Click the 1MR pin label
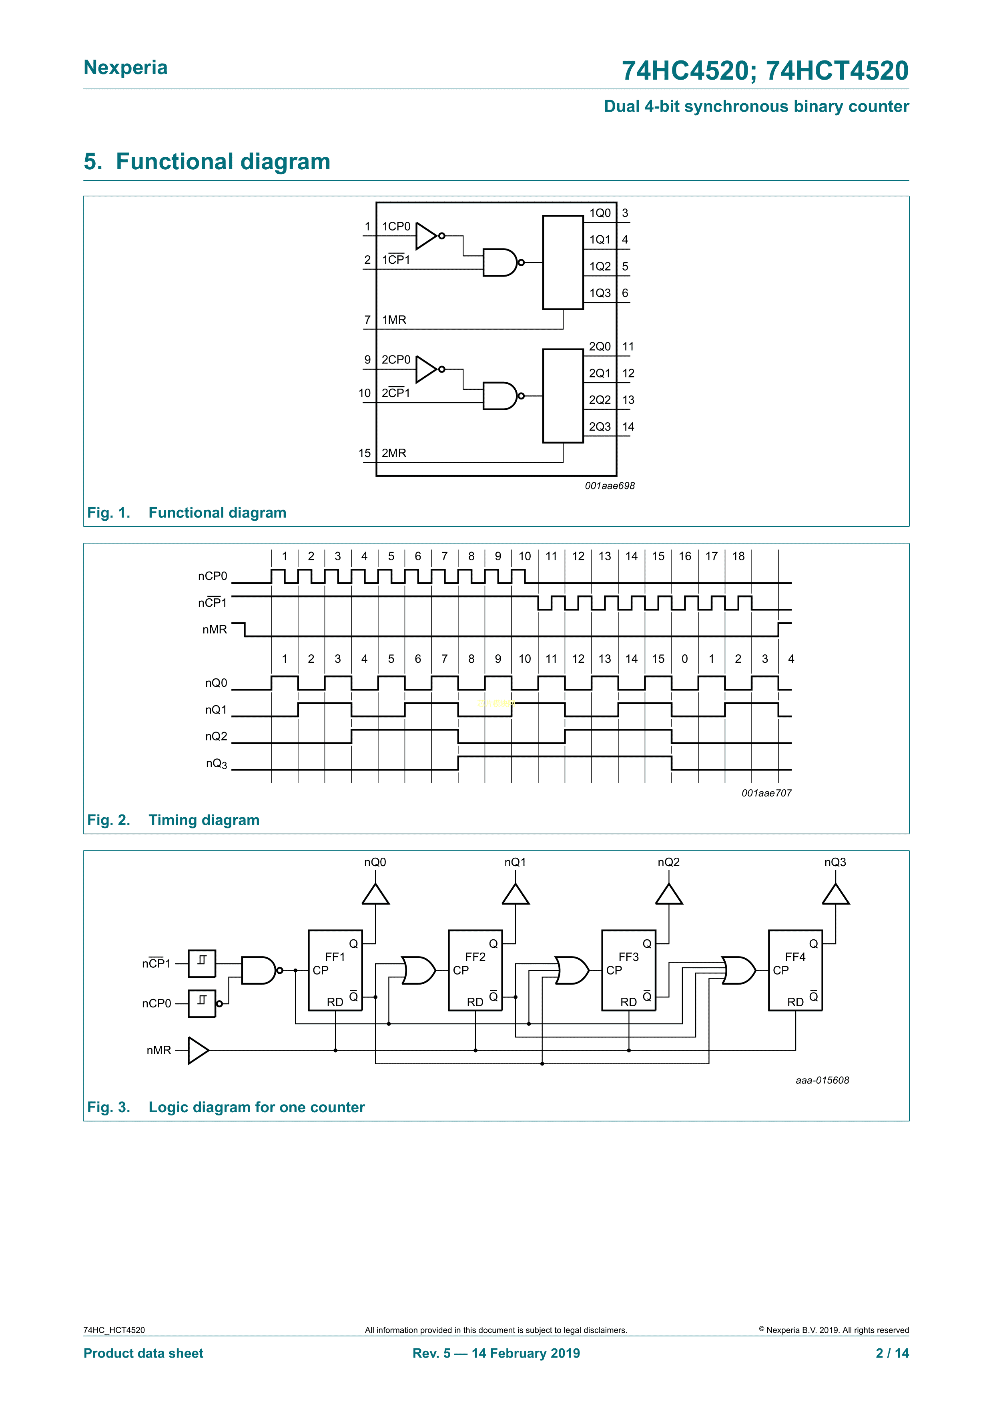[x=394, y=320]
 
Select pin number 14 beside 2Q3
[x=628, y=427]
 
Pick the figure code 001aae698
[x=610, y=485]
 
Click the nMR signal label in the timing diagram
[x=215, y=629]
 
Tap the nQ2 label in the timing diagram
[x=216, y=736]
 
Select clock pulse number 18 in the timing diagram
[x=738, y=556]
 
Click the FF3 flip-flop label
[x=628, y=957]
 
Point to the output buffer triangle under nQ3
[x=835, y=895]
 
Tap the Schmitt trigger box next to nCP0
[x=202, y=1003]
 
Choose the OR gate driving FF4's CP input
[x=738, y=971]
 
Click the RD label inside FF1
[x=335, y=1002]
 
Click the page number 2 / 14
[x=892, y=1353]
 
